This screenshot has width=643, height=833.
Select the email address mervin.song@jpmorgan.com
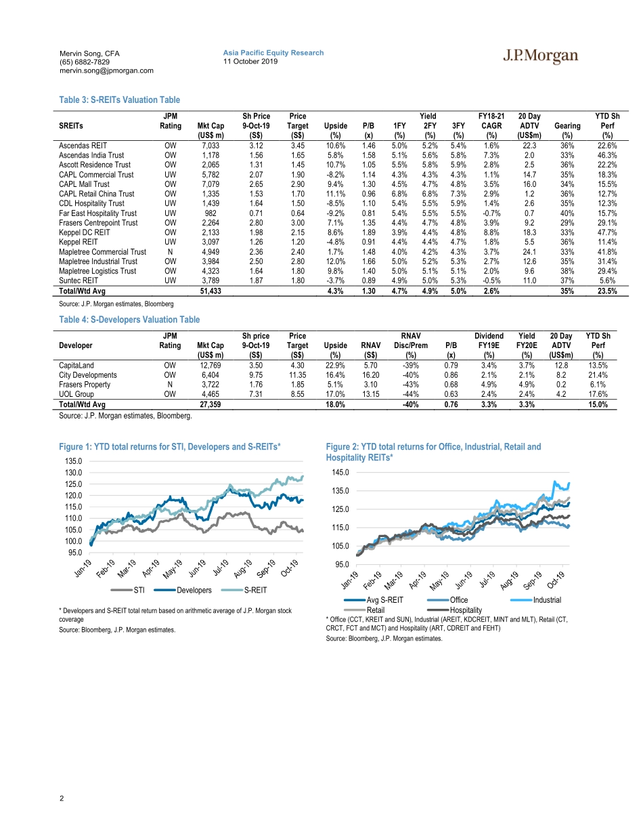pos(106,70)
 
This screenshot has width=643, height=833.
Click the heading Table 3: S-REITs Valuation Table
pos(120,100)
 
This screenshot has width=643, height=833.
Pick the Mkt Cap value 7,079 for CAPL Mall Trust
pos(212,184)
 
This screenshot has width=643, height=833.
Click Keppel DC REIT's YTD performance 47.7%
pos(606,232)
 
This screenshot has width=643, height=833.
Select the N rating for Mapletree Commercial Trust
pos(170,251)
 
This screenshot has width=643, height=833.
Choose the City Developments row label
pos(88,375)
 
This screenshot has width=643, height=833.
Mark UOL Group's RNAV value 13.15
pos(370,394)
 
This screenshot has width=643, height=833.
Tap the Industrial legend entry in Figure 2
pos(547,599)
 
